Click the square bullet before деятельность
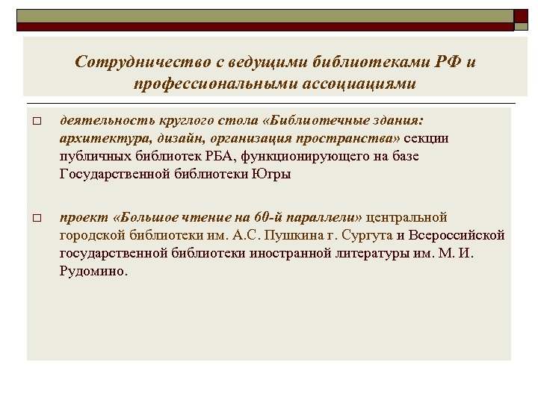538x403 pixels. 36,122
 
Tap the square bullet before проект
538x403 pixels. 36,219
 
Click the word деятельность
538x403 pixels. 103,120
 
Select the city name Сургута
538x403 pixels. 364,235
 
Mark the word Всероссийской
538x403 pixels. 457,235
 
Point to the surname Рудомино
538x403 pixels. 93,272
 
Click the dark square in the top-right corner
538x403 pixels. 521,15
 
